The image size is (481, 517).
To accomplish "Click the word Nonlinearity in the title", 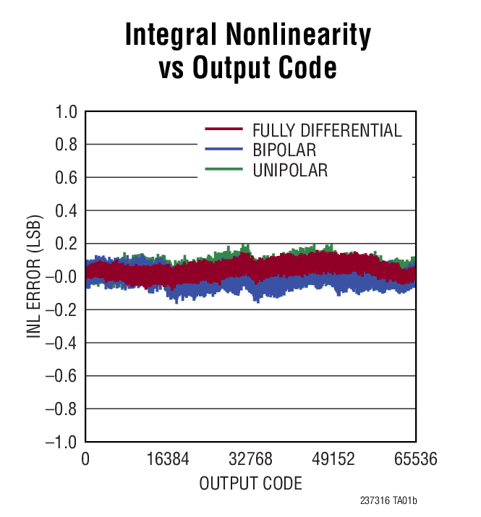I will tap(300, 35).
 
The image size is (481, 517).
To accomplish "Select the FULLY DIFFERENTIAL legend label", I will tap(327, 131).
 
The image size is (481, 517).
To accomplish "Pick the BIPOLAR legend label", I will tap(284, 150).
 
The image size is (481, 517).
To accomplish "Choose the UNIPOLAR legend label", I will tap(290, 171).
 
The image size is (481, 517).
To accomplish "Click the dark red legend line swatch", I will tap(225, 130).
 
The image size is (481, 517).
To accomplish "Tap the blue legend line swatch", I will tap(225, 150).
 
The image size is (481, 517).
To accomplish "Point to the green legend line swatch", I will tap(225, 171).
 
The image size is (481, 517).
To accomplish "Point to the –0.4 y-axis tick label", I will tap(60, 343).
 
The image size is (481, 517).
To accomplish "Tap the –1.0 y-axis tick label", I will tap(60, 442).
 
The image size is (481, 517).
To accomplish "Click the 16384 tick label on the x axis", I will tap(167, 460).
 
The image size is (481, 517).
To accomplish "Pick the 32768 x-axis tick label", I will tap(250, 460).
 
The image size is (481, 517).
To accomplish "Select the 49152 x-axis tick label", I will tap(333, 460).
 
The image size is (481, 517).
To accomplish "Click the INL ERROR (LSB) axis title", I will tap(34, 277).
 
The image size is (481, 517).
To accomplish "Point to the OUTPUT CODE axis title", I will tap(250, 483).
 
